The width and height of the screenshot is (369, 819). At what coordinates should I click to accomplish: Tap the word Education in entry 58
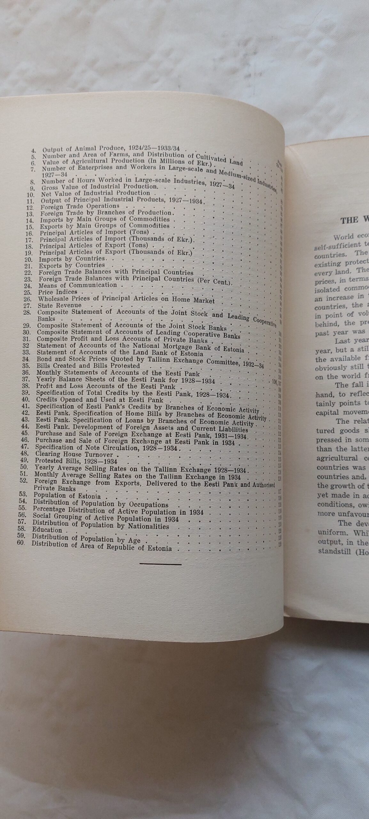pos(47,628)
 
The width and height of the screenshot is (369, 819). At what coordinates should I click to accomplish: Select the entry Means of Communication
pos(78,285)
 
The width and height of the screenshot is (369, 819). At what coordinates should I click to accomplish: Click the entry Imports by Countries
pos(72,258)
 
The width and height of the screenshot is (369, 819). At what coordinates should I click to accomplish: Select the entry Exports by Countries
pos(72,265)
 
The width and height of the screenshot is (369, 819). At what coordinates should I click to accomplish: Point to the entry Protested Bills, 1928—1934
pos(76,461)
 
